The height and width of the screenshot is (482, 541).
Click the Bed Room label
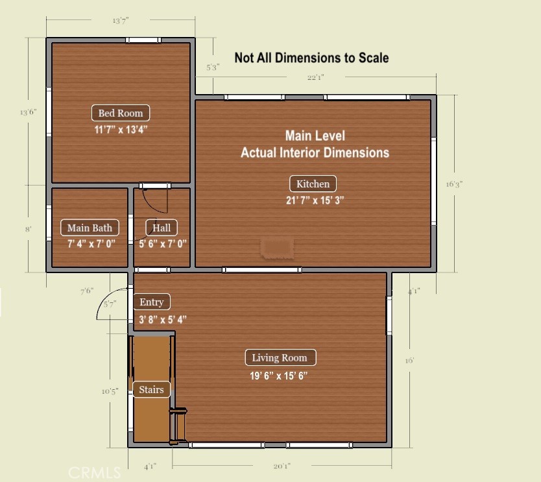pyautogui.click(x=121, y=113)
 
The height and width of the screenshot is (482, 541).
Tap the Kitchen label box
pyautogui.click(x=313, y=184)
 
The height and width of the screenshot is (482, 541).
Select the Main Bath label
pyautogui.click(x=90, y=228)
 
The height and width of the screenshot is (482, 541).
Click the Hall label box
pyautogui.click(x=162, y=228)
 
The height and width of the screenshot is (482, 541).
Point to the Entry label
pyautogui.click(x=152, y=302)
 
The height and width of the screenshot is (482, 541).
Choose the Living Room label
pyautogui.click(x=280, y=357)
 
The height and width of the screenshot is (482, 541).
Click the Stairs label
pyautogui.click(x=152, y=390)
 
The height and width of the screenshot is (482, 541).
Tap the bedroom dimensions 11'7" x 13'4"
pyautogui.click(x=121, y=129)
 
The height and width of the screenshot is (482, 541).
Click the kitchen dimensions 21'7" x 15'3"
pyautogui.click(x=315, y=200)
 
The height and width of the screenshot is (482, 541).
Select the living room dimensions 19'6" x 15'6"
pyautogui.click(x=279, y=375)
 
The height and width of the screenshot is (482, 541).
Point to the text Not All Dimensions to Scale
pyautogui.click(x=311, y=58)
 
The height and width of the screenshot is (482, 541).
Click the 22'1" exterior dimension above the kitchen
pyautogui.click(x=315, y=78)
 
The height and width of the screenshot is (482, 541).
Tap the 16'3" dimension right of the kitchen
pyautogui.click(x=454, y=184)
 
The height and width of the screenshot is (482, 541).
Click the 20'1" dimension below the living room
pyautogui.click(x=282, y=466)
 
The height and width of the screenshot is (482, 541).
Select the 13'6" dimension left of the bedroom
pyautogui.click(x=28, y=112)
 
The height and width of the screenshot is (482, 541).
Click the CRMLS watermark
pyautogui.click(x=95, y=472)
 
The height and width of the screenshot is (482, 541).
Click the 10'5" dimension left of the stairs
pyautogui.click(x=109, y=391)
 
